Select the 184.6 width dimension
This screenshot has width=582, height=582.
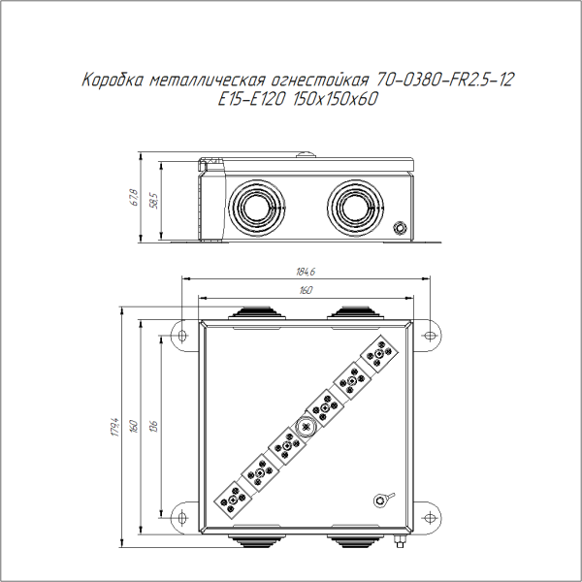click(307, 273)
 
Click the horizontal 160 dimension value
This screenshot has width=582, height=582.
click(307, 290)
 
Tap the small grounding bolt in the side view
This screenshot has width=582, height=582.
click(401, 228)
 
